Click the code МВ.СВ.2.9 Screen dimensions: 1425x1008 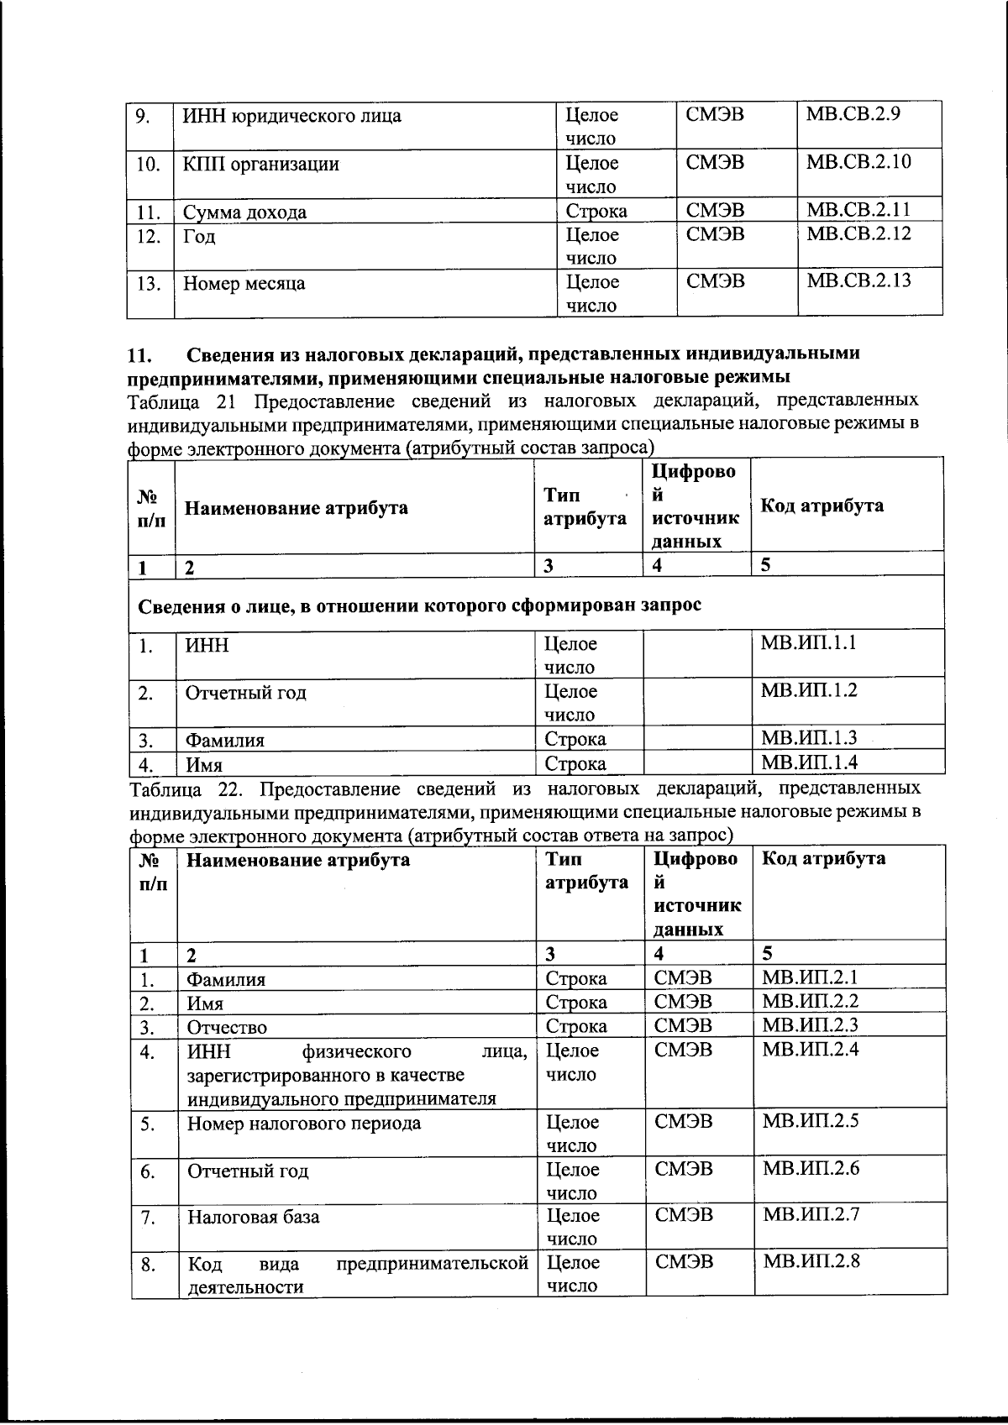[x=853, y=114]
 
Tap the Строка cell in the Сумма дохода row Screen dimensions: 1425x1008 [x=596, y=211]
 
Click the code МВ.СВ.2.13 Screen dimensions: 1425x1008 [x=858, y=280]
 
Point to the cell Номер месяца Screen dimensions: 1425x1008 [x=244, y=284]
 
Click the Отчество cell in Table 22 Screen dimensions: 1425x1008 [x=227, y=1027]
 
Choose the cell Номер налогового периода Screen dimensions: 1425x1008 [x=303, y=1124]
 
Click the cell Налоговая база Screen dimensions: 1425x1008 [x=253, y=1217]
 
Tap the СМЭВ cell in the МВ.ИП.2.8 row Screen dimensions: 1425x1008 [x=684, y=1262]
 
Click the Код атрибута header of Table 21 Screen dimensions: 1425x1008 [x=822, y=506]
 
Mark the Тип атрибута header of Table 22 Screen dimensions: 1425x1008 [x=586, y=871]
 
